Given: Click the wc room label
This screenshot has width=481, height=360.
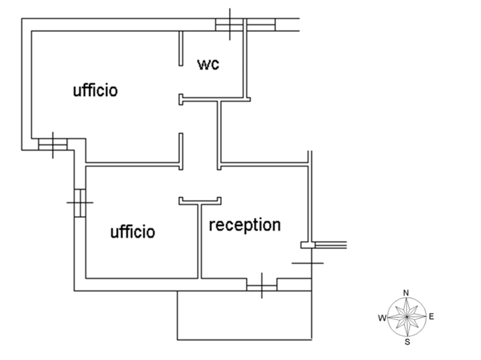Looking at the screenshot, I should point(208,64).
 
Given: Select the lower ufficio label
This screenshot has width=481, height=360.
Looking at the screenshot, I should point(132,231).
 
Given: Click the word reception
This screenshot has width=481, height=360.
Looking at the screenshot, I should point(244,225).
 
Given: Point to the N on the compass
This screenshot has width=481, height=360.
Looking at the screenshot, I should point(406,292).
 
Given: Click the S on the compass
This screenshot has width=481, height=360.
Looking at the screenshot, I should point(407,342).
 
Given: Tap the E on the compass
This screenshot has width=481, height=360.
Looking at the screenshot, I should point(432,316).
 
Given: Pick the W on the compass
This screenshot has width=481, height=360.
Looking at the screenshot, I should point(382,317).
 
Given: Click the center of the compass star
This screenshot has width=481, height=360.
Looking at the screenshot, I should point(406,317).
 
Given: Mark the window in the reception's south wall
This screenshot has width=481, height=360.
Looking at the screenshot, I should point(262,286).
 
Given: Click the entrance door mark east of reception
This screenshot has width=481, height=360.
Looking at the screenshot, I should point(307,263).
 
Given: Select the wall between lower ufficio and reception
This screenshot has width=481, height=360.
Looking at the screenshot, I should point(200,242).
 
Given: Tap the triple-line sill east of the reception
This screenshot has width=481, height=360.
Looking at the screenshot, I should point(332,245).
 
